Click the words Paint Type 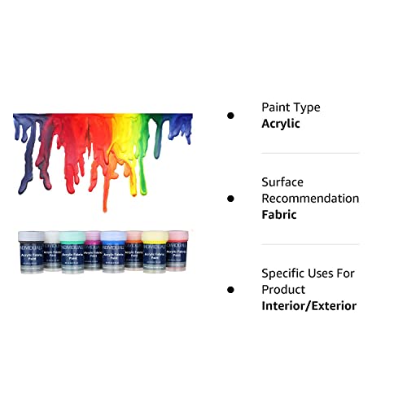pos(291,107)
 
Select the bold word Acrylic pos(281,124)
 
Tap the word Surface pos(282,182)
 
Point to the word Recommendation pos(310,199)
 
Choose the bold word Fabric pos(279,215)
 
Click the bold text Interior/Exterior pos(309,306)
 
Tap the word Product pos(283,290)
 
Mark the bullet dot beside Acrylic pos(230,116)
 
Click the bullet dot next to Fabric pos(230,199)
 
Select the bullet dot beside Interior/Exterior pos(230,290)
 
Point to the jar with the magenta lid pos(93,251)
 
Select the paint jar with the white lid pos(51,251)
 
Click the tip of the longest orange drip pos(103,210)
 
